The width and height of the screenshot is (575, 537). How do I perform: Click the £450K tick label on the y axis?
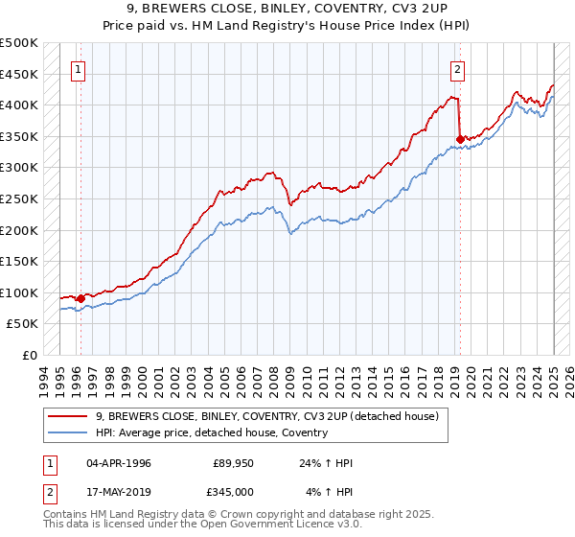pos(19,74)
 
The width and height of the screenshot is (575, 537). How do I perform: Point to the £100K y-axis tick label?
pos(19,292)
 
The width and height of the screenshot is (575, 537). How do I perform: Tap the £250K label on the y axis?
pos(19,198)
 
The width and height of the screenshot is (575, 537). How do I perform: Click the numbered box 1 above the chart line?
pos(78,69)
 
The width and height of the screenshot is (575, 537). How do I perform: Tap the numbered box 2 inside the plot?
pos(458,69)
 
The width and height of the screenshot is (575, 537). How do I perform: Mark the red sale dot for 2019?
pos(461,139)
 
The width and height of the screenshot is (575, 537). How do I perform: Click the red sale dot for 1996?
pos(80,298)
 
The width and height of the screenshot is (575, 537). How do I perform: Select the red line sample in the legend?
pos(67,416)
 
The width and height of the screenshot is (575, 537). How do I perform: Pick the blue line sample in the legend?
pos(67,432)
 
